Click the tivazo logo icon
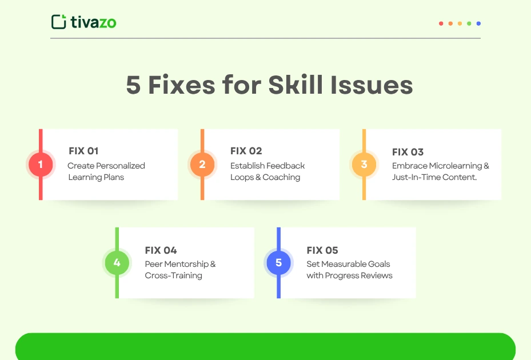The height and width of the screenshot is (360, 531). (59, 22)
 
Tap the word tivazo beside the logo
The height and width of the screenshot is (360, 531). (94, 22)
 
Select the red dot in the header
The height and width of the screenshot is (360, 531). (441, 23)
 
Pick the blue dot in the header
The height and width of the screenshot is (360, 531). (478, 23)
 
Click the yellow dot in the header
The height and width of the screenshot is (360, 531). (460, 23)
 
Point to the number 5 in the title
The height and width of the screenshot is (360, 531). (133, 86)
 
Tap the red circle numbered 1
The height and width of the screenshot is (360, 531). (41, 165)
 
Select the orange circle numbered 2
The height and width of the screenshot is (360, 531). (202, 165)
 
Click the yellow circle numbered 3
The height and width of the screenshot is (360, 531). (364, 165)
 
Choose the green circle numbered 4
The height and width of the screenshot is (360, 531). (117, 263)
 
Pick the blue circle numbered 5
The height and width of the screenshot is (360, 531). (279, 263)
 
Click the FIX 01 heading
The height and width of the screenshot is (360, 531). (83, 151)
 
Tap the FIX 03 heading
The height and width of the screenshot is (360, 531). (408, 152)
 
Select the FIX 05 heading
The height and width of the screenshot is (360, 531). (322, 250)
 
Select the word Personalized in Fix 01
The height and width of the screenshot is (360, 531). (121, 166)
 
